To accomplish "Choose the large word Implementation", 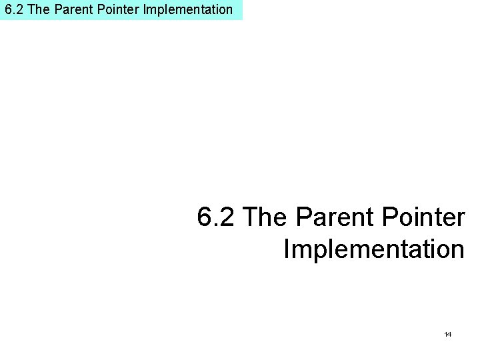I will tap(374, 250).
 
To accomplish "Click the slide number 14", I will tap(448, 333).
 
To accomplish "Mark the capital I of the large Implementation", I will tap(287, 250).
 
